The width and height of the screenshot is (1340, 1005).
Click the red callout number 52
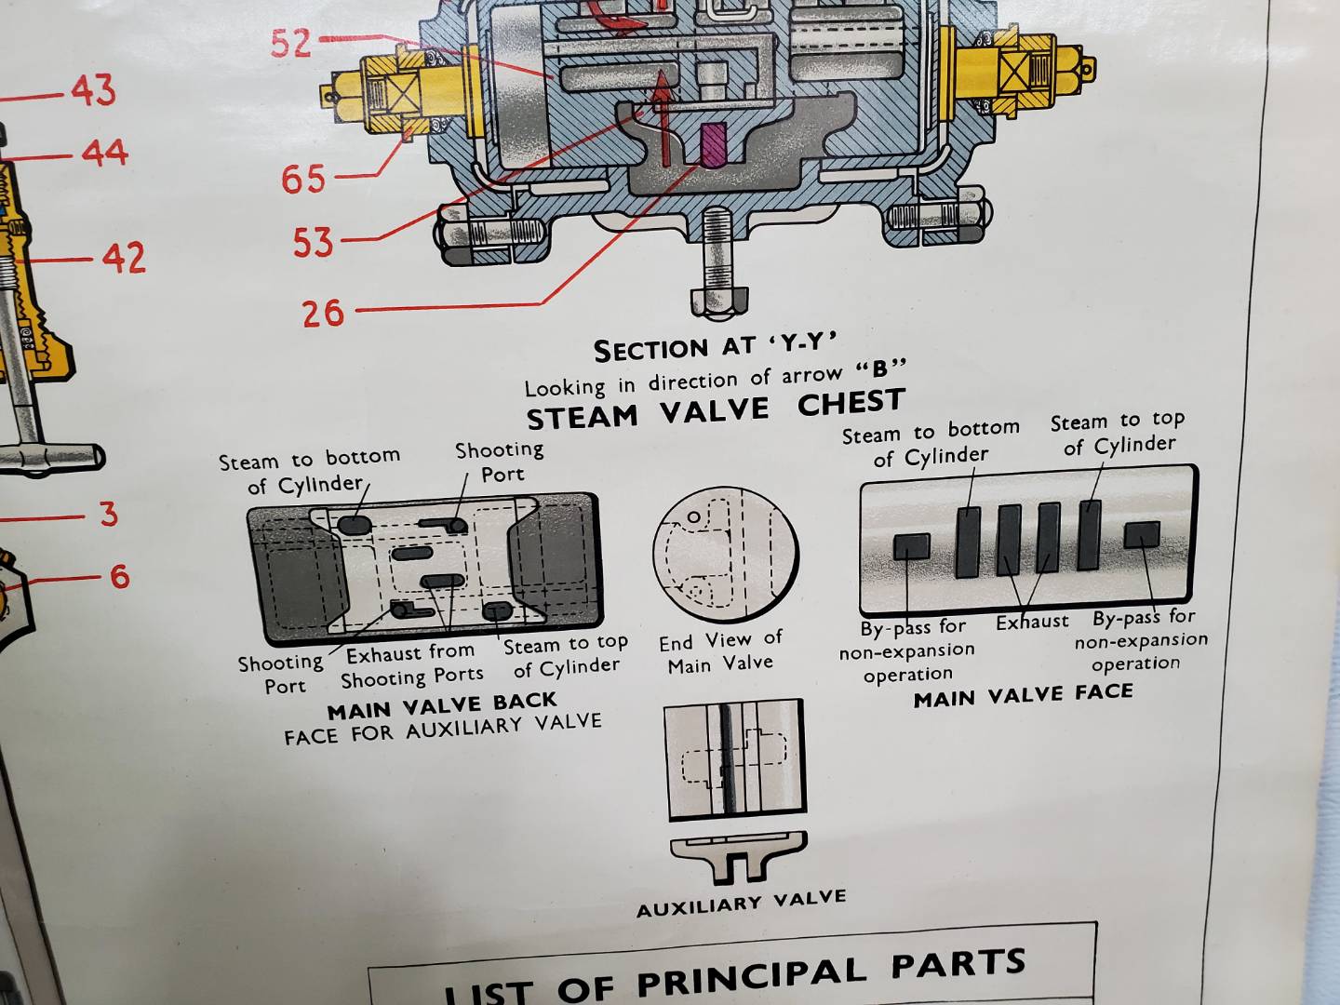click(x=291, y=42)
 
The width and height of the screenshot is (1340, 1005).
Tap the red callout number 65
click(x=303, y=179)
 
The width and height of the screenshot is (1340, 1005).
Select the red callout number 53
click(x=313, y=243)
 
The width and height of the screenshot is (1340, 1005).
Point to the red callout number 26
click(x=323, y=313)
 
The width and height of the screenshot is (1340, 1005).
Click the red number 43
click(x=94, y=91)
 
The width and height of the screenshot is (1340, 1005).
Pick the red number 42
click(x=124, y=258)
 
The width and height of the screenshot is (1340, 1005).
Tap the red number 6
click(x=119, y=576)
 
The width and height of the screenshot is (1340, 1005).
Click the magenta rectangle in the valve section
click(x=713, y=145)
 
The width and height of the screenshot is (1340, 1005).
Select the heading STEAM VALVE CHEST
click(x=715, y=409)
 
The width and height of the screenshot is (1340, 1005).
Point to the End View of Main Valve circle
click(x=726, y=556)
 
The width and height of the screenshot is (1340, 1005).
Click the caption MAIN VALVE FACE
click(x=1023, y=695)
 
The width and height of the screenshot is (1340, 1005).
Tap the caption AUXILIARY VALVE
click(x=742, y=904)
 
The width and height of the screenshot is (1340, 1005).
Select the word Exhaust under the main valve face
click(x=1032, y=622)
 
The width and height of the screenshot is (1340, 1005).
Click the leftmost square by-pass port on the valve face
click(x=911, y=546)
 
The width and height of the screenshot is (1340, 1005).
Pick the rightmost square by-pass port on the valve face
click(x=1141, y=534)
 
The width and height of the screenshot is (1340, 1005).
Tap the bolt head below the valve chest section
click(x=718, y=300)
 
